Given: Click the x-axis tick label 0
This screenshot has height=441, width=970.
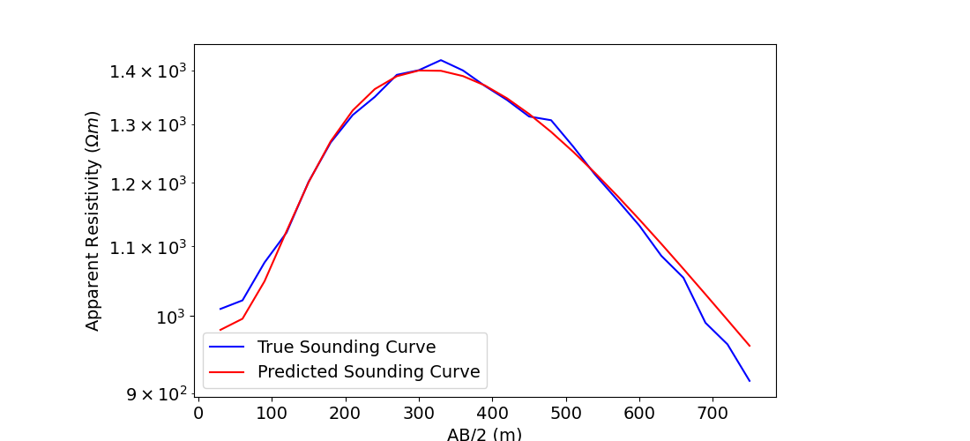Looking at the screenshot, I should click(x=198, y=412).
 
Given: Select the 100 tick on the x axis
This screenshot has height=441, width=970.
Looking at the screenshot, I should click(x=272, y=412).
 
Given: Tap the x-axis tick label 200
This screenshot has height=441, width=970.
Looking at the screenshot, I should click(x=345, y=412).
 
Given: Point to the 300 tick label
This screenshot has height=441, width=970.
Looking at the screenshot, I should click(x=419, y=412).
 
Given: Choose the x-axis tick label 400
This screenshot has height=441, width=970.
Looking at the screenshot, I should click(x=492, y=412).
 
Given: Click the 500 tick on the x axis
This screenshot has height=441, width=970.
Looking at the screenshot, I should click(x=565, y=412).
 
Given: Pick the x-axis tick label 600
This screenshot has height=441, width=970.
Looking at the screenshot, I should click(x=638, y=412).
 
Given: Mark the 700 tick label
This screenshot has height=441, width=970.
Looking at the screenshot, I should click(x=713, y=412).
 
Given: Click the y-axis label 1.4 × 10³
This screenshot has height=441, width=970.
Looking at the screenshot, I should click(x=147, y=71).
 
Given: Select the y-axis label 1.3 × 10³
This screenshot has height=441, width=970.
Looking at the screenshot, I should click(x=147, y=124).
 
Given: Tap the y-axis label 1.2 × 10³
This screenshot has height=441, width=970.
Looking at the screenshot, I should click(x=147, y=183).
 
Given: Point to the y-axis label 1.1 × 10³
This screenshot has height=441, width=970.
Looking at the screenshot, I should click(x=147, y=247).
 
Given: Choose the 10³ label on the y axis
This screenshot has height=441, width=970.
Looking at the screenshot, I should click(x=167, y=317).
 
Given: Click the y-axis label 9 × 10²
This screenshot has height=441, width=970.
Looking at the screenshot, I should click(x=154, y=393).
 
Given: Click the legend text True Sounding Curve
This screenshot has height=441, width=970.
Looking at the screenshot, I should click(x=347, y=347).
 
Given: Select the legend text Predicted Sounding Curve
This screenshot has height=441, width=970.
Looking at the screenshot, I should click(x=369, y=372).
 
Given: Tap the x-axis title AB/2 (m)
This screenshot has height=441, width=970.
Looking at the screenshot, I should click(x=484, y=434).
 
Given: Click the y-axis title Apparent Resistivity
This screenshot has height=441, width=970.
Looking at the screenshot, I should click(x=93, y=220).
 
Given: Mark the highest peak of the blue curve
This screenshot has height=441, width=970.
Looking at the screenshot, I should click(x=441, y=60).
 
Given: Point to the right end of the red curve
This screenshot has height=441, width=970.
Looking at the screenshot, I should click(x=750, y=346).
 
